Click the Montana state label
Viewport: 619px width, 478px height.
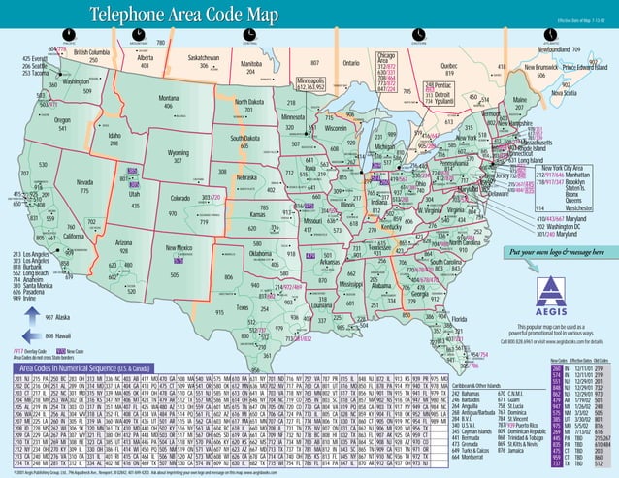[x=168, y=98]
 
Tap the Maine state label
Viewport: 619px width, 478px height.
[x=520, y=100]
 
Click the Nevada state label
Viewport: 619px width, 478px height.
[x=85, y=181]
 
